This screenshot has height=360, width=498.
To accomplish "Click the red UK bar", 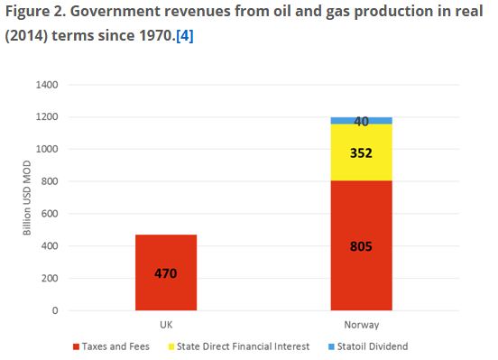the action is pos(166,272).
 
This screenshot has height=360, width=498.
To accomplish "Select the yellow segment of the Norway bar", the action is pos(362,152).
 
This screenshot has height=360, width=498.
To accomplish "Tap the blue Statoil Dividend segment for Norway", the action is pos(362,120).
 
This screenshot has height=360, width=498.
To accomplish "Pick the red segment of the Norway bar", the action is pos(362,245).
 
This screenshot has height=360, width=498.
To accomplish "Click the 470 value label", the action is pos(166,273).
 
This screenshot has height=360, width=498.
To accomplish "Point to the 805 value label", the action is pos(361,246).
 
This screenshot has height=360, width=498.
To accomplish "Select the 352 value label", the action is pos(361,153).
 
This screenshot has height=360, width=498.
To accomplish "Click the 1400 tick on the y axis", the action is pos(47,85).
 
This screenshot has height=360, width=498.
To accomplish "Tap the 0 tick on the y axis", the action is pos(55,310).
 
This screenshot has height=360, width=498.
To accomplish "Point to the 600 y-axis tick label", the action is pos(50,214).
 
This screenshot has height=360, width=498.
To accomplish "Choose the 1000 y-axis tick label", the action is pos(47,149).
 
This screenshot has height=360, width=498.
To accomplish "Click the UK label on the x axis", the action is pos(166,325).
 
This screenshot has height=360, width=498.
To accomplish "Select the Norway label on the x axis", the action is pos(362,325).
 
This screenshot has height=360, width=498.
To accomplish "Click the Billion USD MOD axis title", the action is pos(27,198).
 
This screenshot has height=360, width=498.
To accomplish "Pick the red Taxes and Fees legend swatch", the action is pos(76,346).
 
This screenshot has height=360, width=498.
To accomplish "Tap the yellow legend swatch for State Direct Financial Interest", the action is pos(171,346).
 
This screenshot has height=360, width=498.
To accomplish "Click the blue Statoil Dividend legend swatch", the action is pos(331,346).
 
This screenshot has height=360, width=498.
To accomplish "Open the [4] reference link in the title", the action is pos(185,35).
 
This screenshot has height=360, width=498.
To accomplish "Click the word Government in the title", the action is pos(115,12).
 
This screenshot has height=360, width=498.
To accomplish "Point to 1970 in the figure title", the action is pos(155,35).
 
